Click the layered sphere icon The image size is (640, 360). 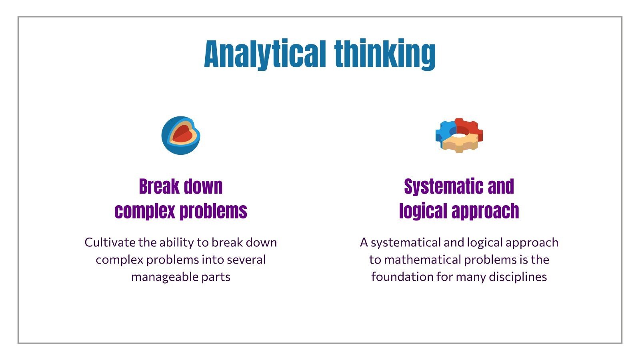[181, 135]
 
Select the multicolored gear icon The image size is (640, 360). [459, 135]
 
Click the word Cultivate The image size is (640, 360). [110, 242]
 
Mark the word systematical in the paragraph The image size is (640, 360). [406, 242]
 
